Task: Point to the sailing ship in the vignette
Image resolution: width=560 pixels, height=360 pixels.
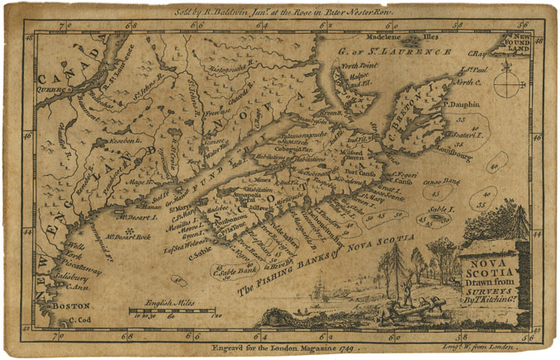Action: (320, 294)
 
